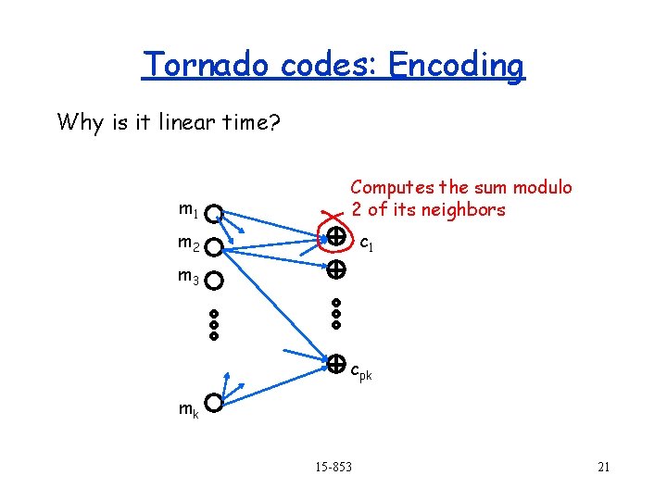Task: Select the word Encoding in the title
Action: click(x=456, y=66)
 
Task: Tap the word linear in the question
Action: click(x=170, y=121)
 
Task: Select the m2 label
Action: click(x=189, y=244)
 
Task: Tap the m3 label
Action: click(x=189, y=276)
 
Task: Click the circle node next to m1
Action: click(x=214, y=215)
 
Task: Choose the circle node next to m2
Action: click(x=214, y=247)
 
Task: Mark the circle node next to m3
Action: click(x=214, y=280)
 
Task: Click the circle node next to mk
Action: click(x=214, y=403)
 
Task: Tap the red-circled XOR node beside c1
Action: click(x=335, y=237)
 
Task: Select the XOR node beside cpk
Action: click(x=335, y=363)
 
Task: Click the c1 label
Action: click(x=366, y=244)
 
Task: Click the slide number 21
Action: click(x=603, y=467)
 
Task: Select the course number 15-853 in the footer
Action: click(x=333, y=467)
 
